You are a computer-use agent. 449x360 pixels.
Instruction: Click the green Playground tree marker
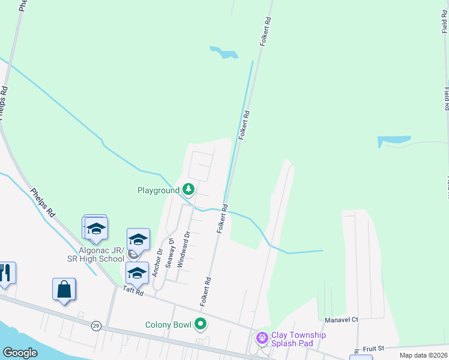188,190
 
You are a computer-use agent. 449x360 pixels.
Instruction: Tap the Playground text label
158,191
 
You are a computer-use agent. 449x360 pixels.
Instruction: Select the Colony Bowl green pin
200,325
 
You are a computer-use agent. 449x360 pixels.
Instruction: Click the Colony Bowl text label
168,325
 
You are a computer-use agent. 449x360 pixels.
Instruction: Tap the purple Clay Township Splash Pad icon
262,338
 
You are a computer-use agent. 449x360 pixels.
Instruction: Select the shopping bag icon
64,290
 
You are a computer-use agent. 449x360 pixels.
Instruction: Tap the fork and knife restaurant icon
6,273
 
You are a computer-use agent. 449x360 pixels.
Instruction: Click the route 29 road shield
96,325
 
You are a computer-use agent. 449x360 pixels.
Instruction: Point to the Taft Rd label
133,291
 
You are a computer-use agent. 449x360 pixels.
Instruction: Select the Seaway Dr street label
172,253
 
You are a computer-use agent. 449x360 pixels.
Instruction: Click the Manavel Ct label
341,320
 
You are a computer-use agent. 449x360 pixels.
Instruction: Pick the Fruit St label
373,347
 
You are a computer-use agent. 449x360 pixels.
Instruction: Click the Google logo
20,353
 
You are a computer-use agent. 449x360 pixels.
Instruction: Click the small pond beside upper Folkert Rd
224,53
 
